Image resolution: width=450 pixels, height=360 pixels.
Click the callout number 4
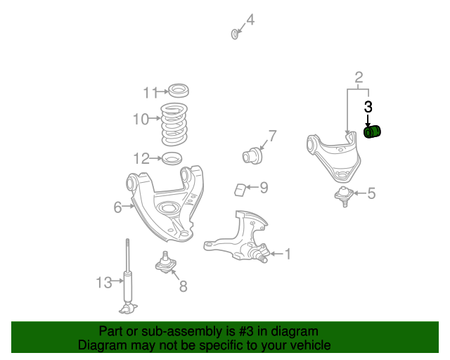point(250,20)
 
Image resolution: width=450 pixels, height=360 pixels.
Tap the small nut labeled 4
point(234,33)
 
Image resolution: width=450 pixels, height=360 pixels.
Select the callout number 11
point(150,92)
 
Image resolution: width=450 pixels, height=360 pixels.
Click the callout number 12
point(142,157)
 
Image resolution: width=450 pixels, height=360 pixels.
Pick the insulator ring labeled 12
point(172,158)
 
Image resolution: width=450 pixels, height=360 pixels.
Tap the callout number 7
point(272,136)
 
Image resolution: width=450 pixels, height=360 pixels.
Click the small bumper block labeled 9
point(240,188)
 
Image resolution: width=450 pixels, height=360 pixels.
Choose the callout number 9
point(264,187)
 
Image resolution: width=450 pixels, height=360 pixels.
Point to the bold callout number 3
point(368,107)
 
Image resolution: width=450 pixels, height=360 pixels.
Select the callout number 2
point(359,77)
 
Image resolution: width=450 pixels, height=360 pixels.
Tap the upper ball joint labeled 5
point(344,195)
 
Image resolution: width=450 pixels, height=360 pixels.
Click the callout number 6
point(117,207)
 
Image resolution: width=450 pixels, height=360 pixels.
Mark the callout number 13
point(104,283)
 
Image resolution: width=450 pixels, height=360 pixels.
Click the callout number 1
point(287,254)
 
